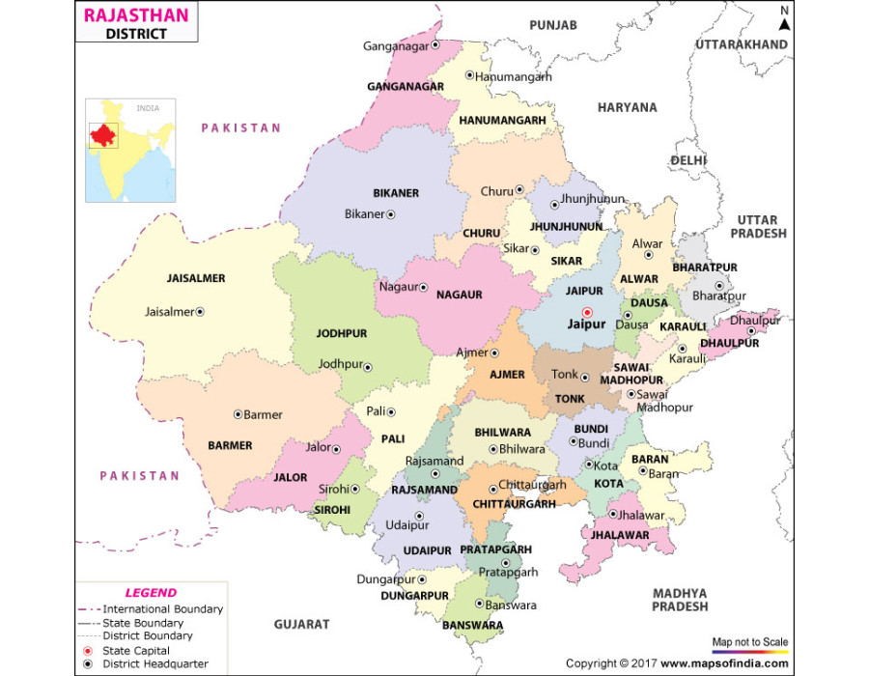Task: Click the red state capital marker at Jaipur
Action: click(x=586, y=312)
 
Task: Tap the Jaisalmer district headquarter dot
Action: click(x=200, y=312)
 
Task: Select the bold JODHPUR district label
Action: click(x=342, y=333)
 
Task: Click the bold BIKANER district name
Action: click(x=396, y=193)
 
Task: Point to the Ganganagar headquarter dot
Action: click(x=435, y=44)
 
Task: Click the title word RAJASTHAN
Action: click(x=136, y=15)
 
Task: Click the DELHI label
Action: click(x=689, y=159)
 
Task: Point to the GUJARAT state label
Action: click(x=301, y=625)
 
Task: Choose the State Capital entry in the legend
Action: click(x=136, y=651)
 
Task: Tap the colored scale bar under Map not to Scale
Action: click(x=750, y=653)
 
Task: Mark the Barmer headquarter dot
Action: click(x=238, y=414)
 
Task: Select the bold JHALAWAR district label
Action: click(x=615, y=533)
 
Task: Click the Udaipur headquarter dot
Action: click(x=418, y=516)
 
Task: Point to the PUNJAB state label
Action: click(x=552, y=24)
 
